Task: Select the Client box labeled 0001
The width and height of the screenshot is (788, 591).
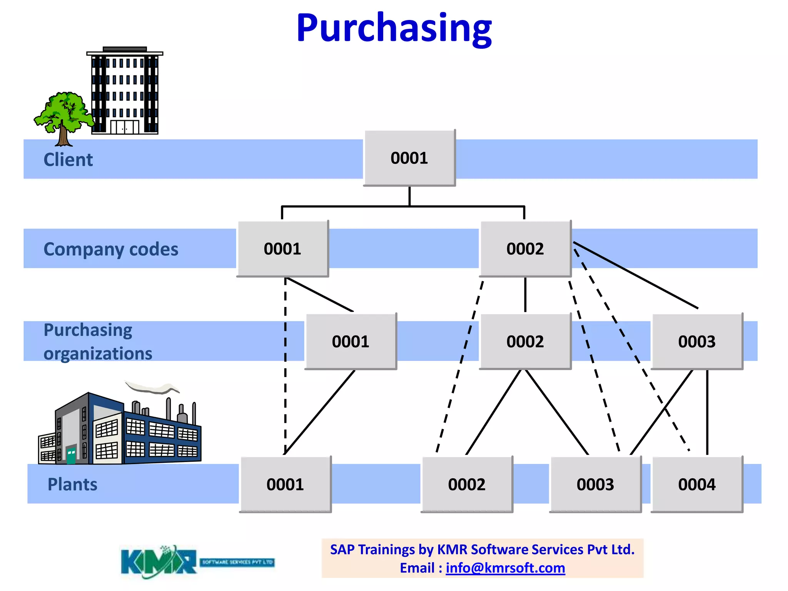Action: pos(409,158)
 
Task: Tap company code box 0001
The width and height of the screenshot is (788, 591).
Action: pos(282,249)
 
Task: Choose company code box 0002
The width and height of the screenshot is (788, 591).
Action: pos(525,249)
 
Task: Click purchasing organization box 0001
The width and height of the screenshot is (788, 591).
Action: pos(351,341)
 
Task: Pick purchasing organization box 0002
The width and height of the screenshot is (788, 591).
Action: pos(525,341)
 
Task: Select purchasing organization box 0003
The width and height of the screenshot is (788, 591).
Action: pos(697,341)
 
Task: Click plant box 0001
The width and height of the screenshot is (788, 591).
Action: pos(285,484)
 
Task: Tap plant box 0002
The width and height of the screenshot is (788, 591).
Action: pos(467,484)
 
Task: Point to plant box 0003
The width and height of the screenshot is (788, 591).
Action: pos(595,484)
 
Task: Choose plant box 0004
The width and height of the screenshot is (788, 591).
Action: pos(697,484)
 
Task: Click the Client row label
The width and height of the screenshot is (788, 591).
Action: pos(68,160)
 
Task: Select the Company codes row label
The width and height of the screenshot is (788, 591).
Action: pos(111,249)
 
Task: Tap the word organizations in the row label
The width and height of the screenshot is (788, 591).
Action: pos(98,353)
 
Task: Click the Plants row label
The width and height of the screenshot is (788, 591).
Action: pos(72,484)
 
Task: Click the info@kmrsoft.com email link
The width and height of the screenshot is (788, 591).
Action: pos(505,568)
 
